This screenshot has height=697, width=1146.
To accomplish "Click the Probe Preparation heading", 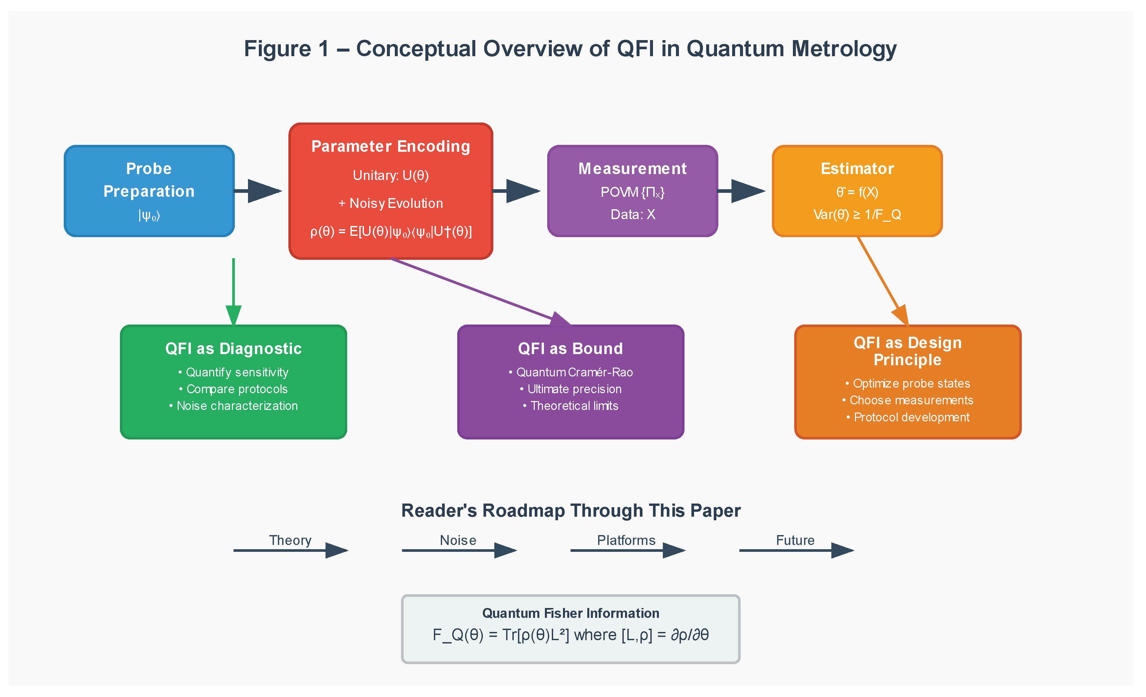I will (x=149, y=180).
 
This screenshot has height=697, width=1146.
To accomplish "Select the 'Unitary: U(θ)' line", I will (x=391, y=175).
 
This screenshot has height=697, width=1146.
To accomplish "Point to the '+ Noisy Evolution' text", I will (x=391, y=203).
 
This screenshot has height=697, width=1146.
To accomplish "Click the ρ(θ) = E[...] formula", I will (x=391, y=232).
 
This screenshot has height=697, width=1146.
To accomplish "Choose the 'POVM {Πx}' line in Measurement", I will (x=633, y=192).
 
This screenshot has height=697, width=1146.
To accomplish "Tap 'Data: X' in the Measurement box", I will (x=633, y=214).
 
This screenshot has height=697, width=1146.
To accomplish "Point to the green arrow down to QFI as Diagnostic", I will (x=234, y=288).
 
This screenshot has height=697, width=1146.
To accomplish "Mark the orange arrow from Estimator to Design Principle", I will (x=881, y=279).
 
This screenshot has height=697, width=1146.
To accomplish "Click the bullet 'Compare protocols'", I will (x=234, y=389).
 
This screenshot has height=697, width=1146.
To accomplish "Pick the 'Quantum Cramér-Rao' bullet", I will (x=571, y=372).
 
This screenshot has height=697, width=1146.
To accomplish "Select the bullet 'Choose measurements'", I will (x=908, y=400).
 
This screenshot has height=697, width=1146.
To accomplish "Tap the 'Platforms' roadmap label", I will (x=626, y=540).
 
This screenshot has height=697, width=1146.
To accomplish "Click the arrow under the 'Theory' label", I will (x=291, y=551).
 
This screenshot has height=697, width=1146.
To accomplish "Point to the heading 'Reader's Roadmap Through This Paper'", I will (x=571, y=510).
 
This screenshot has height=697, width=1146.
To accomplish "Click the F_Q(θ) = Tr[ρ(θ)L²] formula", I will (x=571, y=635).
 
